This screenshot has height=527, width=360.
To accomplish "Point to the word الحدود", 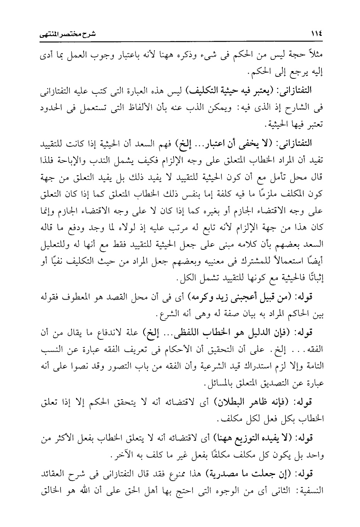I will [51, 109].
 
